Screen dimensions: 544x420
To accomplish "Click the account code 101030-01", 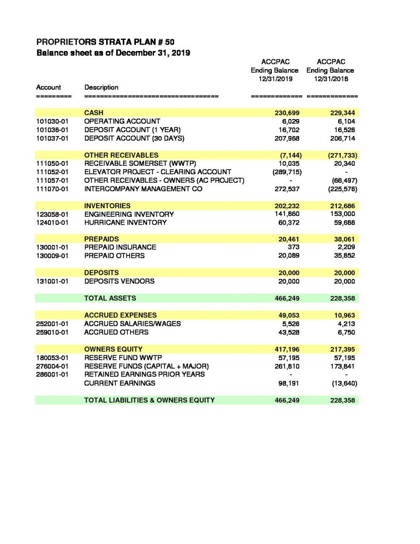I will tap(52, 122).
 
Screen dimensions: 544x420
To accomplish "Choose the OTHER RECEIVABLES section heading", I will tap(122, 155).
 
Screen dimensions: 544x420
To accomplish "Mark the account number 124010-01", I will tap(52, 223).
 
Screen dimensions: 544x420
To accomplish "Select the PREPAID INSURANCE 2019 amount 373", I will tap(295, 247).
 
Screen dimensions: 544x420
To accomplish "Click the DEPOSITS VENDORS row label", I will tap(119, 281).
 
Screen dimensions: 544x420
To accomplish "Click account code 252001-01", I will tap(52, 324).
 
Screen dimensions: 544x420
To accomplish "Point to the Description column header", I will tap(101, 87).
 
